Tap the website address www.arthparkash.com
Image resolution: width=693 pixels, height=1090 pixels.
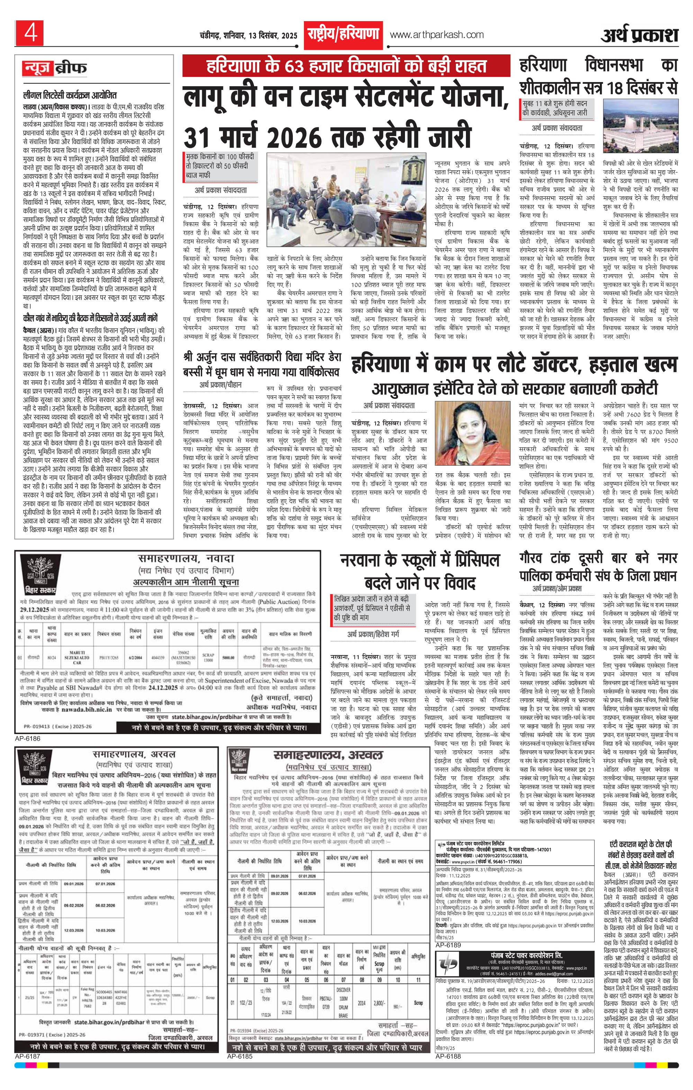[x=436, y=34]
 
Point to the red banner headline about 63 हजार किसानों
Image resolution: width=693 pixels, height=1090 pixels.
[x=346, y=66]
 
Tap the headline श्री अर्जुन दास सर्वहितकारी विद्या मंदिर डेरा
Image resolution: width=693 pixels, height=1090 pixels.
[x=262, y=357]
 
